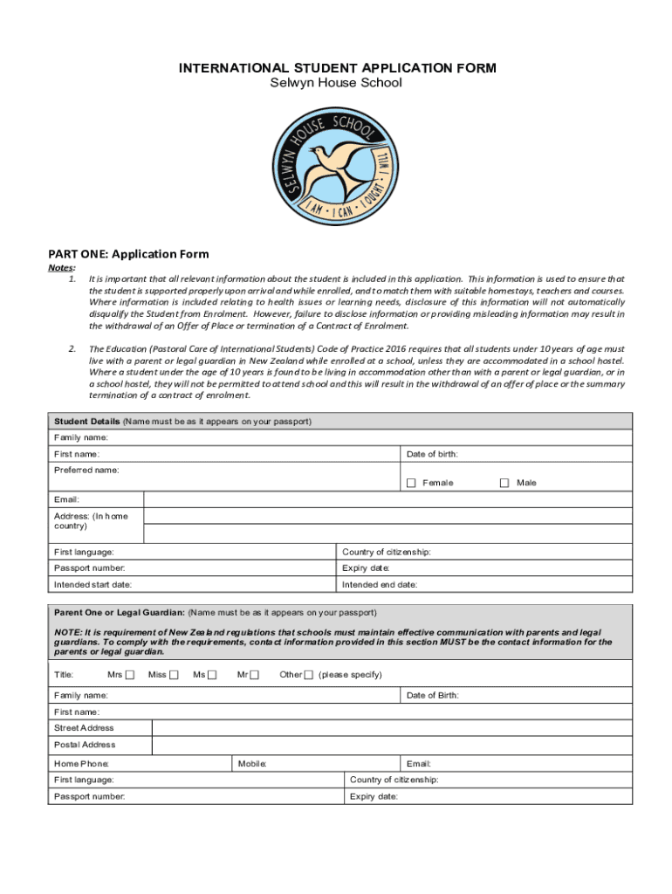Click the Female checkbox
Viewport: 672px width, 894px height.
click(x=411, y=483)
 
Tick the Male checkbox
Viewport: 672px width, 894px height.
click(x=504, y=483)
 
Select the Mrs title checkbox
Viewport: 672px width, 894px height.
click(x=130, y=674)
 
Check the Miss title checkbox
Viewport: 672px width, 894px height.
click(x=174, y=674)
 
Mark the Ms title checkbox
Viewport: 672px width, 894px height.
click(x=212, y=674)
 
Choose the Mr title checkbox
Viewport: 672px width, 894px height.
click(x=254, y=674)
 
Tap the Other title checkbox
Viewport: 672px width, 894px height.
click(x=308, y=674)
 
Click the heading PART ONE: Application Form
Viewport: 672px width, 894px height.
click(x=128, y=254)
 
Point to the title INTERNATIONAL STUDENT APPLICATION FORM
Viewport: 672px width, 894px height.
click(x=338, y=68)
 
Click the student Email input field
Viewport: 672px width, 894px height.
click(x=387, y=499)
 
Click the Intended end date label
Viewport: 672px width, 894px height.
click(x=380, y=584)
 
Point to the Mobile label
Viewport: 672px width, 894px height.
click(x=252, y=764)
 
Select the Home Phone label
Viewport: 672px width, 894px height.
click(x=81, y=764)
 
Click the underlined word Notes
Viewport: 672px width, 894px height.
click(x=61, y=268)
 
